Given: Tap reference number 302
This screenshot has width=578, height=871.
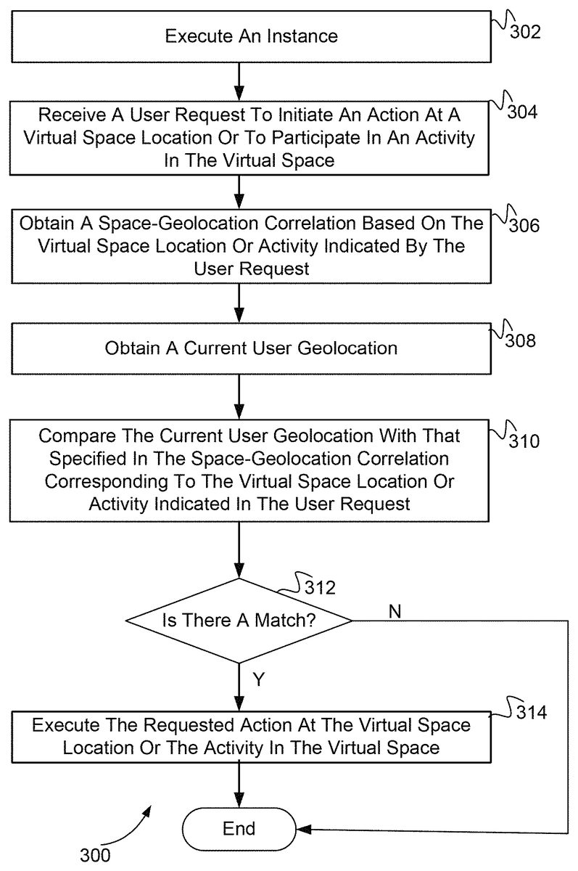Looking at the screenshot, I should coord(524,33).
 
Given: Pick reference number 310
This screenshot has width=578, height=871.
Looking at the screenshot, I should coord(524,440).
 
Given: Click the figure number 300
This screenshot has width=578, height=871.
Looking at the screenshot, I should coord(95,855).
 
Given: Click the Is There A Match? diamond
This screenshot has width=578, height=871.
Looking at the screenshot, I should coord(239,621).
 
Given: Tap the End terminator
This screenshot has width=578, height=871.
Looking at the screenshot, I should coord(239,828).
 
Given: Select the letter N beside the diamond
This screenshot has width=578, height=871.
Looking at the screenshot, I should coord(395,612).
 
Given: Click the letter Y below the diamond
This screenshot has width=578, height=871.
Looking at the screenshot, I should coord(258,679).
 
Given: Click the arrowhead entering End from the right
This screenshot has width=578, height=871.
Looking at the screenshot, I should coord(303,828).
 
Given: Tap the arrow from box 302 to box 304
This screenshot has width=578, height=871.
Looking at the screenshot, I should coord(239,80).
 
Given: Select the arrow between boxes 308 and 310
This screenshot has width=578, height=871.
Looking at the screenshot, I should coord(239,396).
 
